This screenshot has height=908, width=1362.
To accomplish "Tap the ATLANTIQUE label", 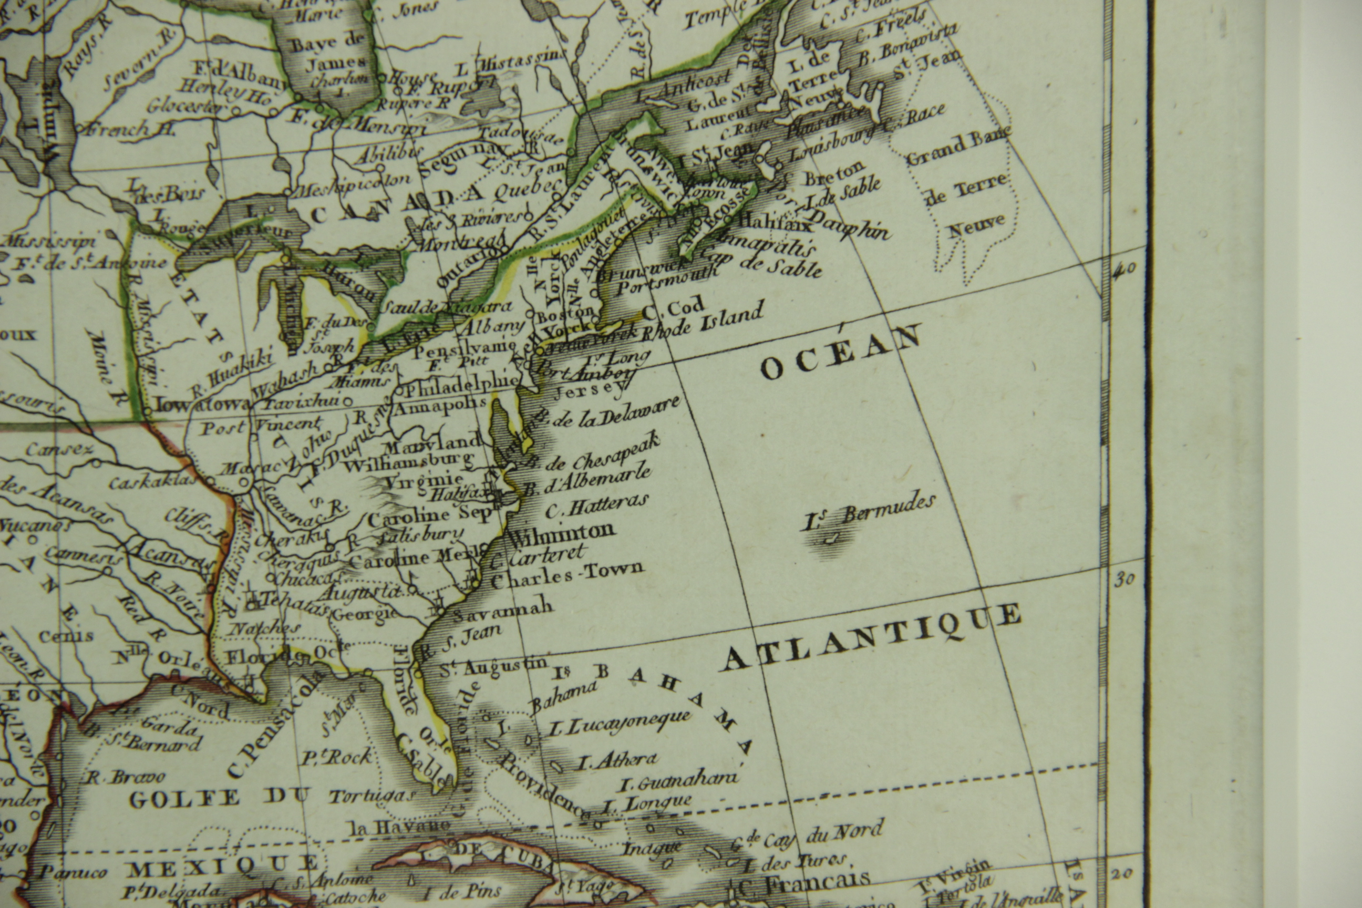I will coord(872,637).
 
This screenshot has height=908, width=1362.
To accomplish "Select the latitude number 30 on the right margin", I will coord(1124,579).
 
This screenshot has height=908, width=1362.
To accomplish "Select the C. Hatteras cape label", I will coord(596,507).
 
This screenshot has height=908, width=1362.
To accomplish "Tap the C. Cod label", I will coord(674,308).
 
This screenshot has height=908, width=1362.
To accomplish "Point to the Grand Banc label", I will coord(958,148).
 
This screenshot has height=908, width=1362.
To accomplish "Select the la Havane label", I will coord(399,827).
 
